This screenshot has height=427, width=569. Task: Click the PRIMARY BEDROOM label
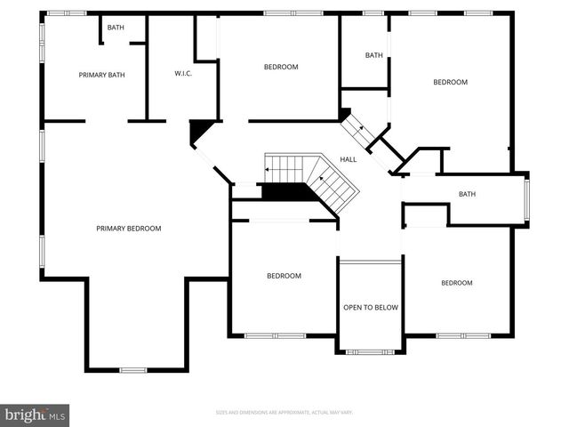[x=129, y=229]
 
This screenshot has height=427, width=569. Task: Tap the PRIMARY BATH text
[x=101, y=75]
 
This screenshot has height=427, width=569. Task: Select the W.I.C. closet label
[x=184, y=73]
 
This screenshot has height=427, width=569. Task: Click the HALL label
[x=349, y=159]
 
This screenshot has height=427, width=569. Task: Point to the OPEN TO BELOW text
[x=371, y=307]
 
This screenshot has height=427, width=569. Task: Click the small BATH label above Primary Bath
[x=116, y=28]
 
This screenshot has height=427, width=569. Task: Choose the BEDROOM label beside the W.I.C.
[x=281, y=67]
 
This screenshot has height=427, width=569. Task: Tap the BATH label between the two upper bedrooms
[x=374, y=55]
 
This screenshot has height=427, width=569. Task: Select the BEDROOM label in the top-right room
[x=450, y=82]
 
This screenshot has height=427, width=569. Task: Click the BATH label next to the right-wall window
[x=468, y=194]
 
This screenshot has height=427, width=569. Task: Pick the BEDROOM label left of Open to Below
[x=284, y=276]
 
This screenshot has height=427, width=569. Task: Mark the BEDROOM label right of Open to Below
[x=457, y=283]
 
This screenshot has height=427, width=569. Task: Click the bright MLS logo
[x=36, y=415]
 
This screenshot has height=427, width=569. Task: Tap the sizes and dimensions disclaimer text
[x=284, y=413]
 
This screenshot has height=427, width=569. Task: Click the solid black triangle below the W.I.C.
[x=200, y=131]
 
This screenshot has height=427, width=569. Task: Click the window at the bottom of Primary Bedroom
[x=133, y=369]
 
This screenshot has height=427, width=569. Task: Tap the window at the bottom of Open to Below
[x=370, y=352]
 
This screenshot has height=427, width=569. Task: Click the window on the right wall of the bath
[x=526, y=200]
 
